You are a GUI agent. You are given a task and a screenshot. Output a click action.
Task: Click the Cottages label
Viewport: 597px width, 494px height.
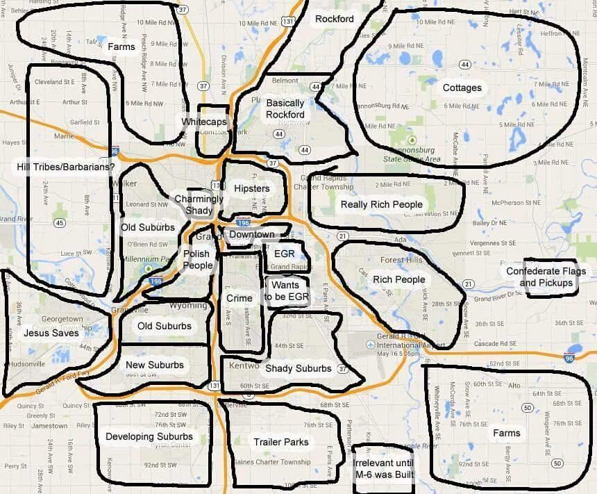click(462, 88)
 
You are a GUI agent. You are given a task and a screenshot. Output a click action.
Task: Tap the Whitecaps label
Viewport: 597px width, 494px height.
click(204, 122)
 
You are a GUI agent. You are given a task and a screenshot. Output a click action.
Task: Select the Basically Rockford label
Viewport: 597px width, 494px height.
click(285, 108)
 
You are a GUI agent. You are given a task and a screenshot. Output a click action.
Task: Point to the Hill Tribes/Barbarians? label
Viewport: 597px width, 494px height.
click(66, 167)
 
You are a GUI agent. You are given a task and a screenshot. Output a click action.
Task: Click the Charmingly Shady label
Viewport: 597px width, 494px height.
click(199, 204)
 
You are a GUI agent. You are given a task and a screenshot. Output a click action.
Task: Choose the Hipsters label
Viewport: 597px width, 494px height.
click(251, 188)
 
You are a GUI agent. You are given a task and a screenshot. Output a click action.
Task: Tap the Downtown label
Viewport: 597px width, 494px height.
click(251, 235)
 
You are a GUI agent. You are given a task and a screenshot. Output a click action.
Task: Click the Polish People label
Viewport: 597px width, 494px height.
click(198, 260)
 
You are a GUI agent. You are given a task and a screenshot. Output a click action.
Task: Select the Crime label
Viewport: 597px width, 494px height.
click(239, 298)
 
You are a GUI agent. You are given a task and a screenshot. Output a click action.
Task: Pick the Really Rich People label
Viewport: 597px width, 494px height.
click(381, 204)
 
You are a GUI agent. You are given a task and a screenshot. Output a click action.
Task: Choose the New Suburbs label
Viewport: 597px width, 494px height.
click(155, 365)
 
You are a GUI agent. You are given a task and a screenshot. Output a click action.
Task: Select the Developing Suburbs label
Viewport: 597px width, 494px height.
click(149, 436)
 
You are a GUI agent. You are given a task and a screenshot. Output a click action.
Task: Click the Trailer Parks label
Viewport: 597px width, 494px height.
click(280, 442)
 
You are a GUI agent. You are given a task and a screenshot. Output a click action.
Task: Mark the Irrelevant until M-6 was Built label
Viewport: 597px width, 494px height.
click(383, 468)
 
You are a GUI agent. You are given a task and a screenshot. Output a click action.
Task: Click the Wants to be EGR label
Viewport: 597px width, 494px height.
click(285, 290)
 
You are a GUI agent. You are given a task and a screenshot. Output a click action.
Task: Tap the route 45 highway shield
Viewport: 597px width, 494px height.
click(60, 223)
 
